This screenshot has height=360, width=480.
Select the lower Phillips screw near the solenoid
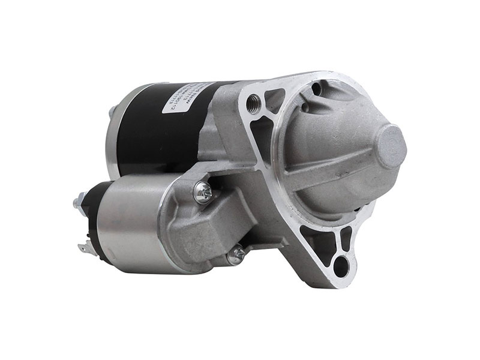[x=236, y=256]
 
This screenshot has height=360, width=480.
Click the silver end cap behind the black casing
[x=114, y=129]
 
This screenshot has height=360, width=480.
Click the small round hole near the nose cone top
[x=316, y=90]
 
